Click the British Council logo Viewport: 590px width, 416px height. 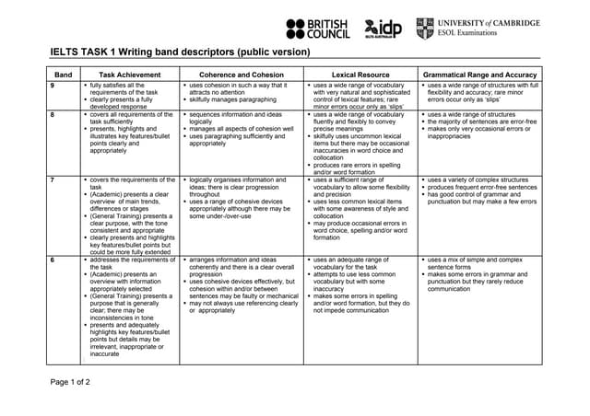pos(318,29)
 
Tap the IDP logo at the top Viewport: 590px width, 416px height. pos(383,29)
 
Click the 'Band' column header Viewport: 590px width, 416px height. pos(64,74)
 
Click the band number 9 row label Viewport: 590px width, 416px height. pos(53,85)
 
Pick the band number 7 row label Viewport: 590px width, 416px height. pos(53,179)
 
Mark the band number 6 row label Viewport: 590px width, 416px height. pos(53,260)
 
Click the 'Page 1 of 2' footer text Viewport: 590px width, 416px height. pos(69,381)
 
